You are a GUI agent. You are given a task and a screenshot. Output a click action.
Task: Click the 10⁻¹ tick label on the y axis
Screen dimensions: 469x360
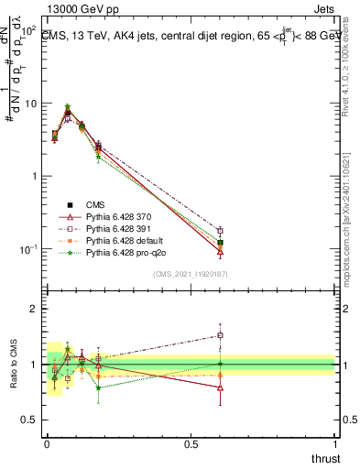click(28, 249)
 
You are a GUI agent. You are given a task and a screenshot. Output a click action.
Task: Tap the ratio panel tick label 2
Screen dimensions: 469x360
click(33, 310)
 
